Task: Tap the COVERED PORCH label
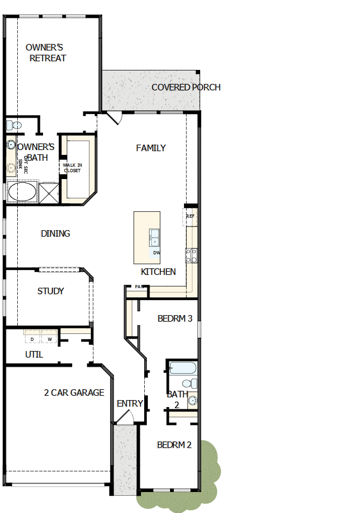[186, 87]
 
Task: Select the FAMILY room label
[151, 148]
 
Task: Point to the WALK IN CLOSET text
[72, 168]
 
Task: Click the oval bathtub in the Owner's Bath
[22, 192]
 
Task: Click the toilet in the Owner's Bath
[13, 125]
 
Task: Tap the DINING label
[55, 233]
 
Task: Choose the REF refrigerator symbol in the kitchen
[190, 216]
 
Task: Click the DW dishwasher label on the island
[156, 252]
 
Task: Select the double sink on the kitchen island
[154, 237]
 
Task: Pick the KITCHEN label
[158, 272]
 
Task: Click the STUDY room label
[51, 291]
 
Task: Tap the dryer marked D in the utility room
[32, 339]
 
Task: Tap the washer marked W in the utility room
[49, 339]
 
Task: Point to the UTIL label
[34, 355]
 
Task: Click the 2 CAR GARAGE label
[74, 393]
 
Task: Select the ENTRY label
[130, 403]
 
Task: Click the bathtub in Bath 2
[182, 368]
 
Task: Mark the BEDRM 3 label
[175, 318]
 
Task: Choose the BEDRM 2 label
[174, 445]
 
